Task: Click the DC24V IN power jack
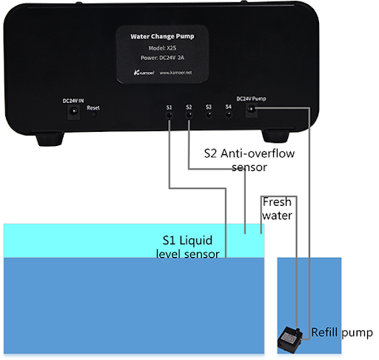[73, 112]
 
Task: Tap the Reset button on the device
[93, 115]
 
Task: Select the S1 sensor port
[170, 116]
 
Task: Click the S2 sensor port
[189, 115]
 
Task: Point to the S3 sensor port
[209, 115]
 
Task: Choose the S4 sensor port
[229, 115]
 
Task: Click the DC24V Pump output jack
[252, 110]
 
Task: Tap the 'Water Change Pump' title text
[162, 36]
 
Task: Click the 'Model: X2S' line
[162, 48]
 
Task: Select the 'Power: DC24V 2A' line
[162, 58]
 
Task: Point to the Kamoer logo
[144, 73]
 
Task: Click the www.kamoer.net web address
[175, 73]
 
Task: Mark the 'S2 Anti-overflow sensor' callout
[249, 160]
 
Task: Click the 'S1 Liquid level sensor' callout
[188, 247]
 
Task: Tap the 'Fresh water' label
[277, 209]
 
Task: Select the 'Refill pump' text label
[342, 333]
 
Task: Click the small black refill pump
[290, 339]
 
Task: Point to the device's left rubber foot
[50, 139]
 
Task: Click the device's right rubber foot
[275, 136]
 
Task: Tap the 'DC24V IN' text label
[73, 101]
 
